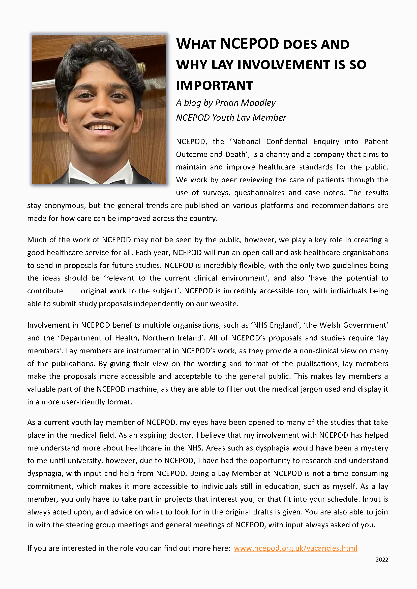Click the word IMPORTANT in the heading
click(214, 85)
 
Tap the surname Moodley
click(258, 103)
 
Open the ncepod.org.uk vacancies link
click(295, 548)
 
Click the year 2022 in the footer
click(381, 560)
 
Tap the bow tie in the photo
click(98, 180)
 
